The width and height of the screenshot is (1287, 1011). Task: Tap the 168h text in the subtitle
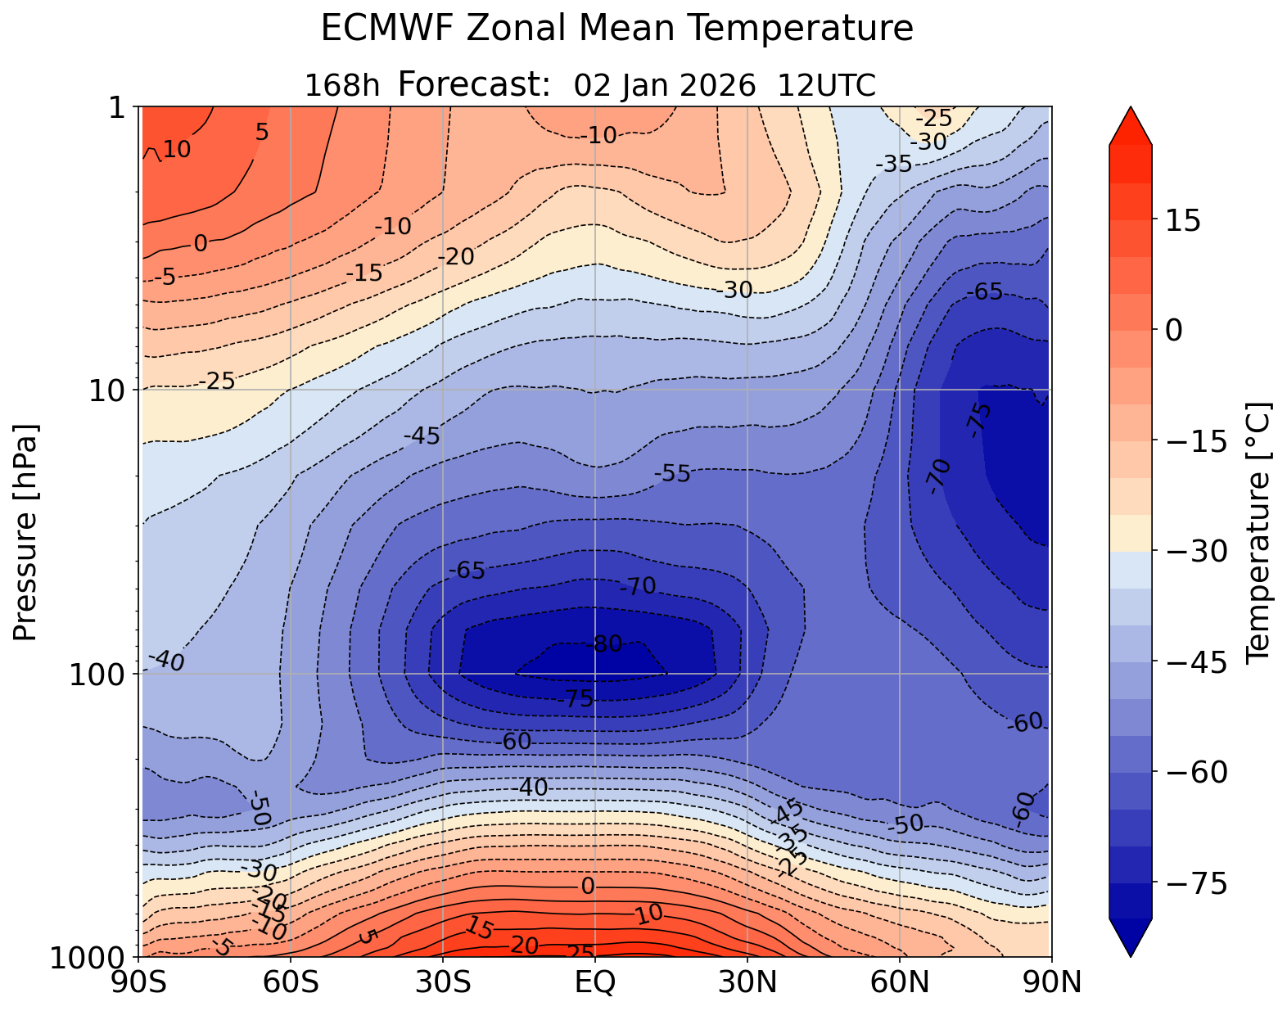pos(342,85)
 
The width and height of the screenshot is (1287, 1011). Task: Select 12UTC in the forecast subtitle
pos(827,85)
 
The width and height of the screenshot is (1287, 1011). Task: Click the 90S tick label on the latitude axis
pos(142,982)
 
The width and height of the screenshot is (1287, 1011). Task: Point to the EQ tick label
pos(595,982)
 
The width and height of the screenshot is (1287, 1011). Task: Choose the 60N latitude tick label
pos(899,982)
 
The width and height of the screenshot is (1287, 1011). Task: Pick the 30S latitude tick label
pos(443,982)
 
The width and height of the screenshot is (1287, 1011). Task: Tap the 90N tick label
pos(1051,982)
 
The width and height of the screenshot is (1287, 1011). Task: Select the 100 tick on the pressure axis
pos(102,674)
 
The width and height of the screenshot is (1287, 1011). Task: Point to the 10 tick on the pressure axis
pos(111,390)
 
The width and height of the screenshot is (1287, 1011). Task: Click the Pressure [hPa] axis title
pos(26,532)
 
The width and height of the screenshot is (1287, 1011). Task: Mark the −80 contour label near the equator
pos(607,644)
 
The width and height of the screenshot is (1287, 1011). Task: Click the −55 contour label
pos(673,474)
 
